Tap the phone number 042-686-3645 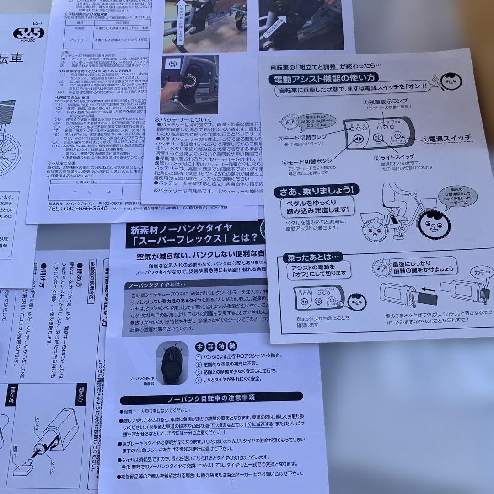click(x=78, y=208)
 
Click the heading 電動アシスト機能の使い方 click(x=324, y=78)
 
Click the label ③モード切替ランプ click(x=302, y=138)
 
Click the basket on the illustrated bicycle click(x=429, y=203)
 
